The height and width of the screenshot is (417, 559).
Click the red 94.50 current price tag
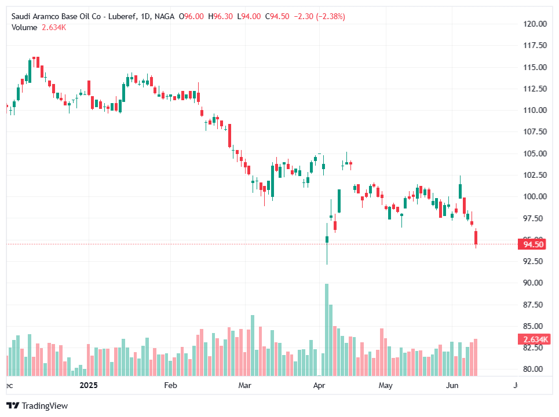[x=534, y=244]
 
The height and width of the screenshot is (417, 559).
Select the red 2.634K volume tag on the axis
[x=534, y=339]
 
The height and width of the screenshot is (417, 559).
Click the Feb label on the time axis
[x=170, y=385]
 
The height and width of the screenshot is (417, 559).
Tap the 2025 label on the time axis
[x=89, y=385]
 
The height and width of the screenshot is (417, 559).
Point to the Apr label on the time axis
[x=319, y=385]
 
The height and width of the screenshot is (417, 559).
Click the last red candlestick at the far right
[x=476, y=237]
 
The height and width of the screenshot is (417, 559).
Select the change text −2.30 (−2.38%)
[x=319, y=17]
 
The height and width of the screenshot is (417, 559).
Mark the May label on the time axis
[x=385, y=385]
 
